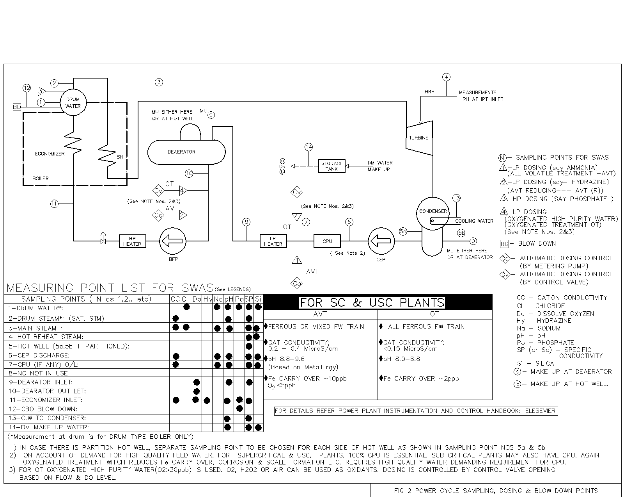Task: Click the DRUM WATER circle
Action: tap(73, 103)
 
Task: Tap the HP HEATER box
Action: tap(132, 241)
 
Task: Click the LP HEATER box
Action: tap(273, 241)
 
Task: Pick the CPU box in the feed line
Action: tap(327, 241)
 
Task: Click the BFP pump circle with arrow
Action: tap(173, 241)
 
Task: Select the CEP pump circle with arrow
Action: tap(381, 241)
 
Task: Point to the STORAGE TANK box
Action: tap(331, 166)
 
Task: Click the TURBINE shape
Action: tap(419, 137)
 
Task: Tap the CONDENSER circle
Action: tap(433, 211)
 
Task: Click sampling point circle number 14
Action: tap(308, 147)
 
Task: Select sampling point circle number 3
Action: tap(158, 82)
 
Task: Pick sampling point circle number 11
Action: tap(54, 203)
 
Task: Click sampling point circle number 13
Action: tap(456, 198)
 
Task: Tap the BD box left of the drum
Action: tap(17, 107)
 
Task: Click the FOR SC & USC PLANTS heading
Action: tap(372, 303)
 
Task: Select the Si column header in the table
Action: tap(258, 299)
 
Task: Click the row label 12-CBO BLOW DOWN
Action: tap(43, 409)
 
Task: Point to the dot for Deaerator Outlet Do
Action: tap(197, 391)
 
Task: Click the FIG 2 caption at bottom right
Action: tap(495, 491)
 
